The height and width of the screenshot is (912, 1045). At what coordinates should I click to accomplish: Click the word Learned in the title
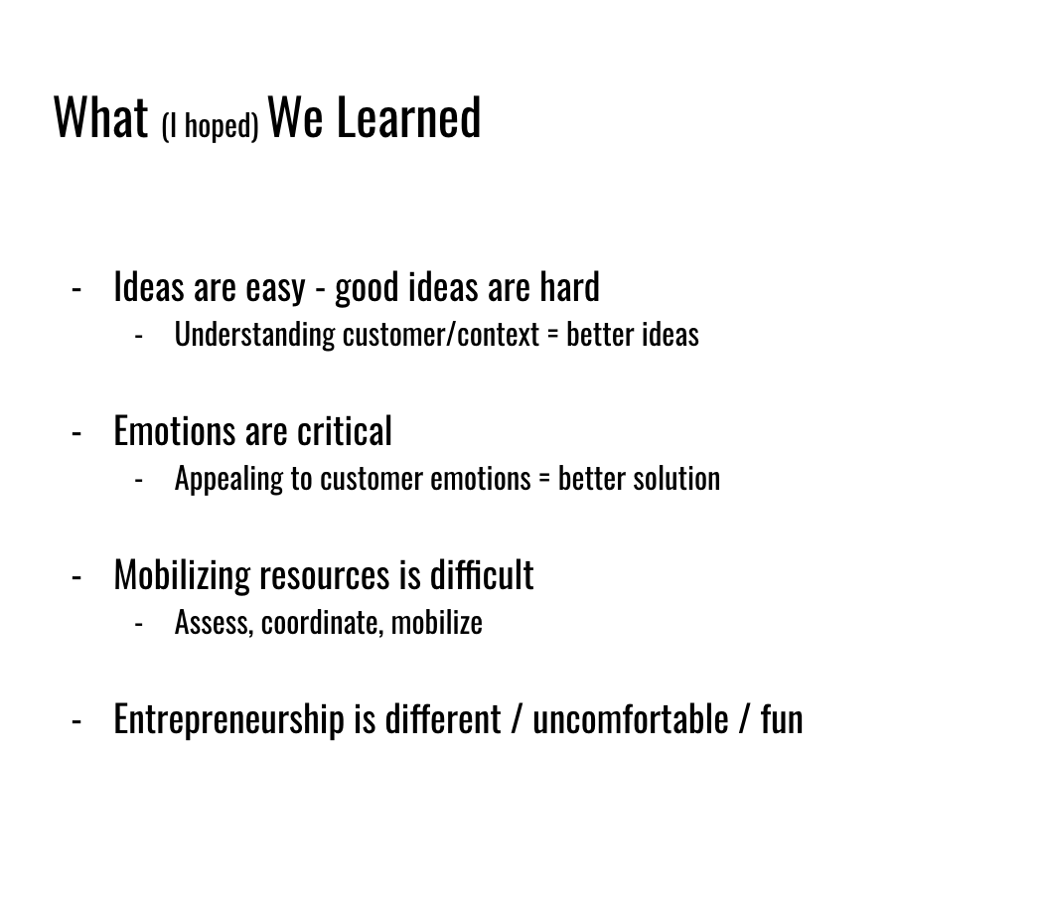(408, 117)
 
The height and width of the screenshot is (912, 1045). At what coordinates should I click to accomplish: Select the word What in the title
(100, 117)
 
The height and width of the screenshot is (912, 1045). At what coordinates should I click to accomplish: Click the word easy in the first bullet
(275, 289)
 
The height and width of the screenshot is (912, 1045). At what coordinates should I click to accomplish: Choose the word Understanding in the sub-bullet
(254, 335)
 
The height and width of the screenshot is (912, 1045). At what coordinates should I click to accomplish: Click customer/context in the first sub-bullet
(440, 335)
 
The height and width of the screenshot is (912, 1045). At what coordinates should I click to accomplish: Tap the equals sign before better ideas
(552, 336)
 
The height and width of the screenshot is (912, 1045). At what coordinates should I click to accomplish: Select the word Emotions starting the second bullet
(175, 431)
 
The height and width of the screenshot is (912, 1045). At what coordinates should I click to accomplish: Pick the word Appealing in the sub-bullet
(228, 480)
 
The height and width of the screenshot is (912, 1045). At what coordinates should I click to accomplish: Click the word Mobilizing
(182, 575)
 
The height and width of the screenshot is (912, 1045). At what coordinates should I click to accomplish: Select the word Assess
(214, 623)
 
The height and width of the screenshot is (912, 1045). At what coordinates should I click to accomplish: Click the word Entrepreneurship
(228, 720)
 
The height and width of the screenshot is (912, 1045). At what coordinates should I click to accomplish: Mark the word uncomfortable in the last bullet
(631, 719)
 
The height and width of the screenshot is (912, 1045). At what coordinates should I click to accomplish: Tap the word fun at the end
(782, 719)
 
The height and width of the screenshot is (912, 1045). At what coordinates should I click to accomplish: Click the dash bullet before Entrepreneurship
(76, 721)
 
